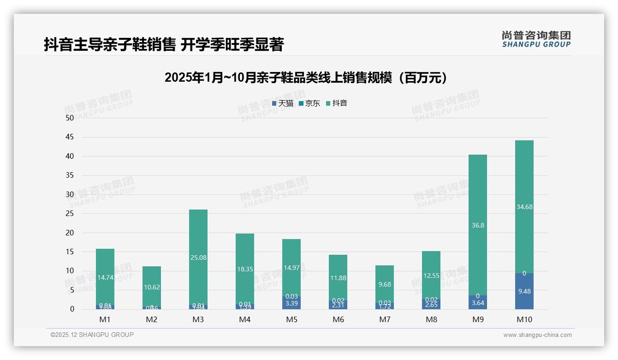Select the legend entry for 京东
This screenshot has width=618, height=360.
[x=309, y=103]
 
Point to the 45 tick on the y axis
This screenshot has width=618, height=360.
[x=70, y=137]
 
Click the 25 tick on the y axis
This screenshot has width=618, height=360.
[x=70, y=214]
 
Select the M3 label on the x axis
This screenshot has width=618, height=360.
[x=198, y=319]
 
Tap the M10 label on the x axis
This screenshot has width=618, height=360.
[x=524, y=319]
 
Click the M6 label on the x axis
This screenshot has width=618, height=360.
[x=338, y=319]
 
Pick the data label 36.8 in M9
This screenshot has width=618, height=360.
[x=478, y=225]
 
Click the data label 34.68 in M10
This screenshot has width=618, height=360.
[x=524, y=207]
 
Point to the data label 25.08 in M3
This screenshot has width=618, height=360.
[x=198, y=258]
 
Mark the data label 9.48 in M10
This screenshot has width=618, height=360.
[x=524, y=291]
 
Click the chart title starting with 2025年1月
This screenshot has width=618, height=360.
[x=306, y=78]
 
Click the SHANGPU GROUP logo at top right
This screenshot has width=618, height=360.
[x=536, y=39]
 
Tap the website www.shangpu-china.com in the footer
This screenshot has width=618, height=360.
[x=537, y=335]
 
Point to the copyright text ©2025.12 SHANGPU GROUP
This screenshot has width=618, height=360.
[x=92, y=335]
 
